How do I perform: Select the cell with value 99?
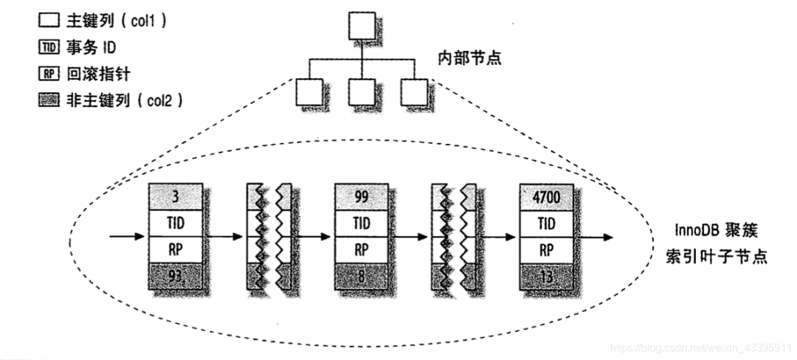coord(362,196)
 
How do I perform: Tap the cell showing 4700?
coord(547,196)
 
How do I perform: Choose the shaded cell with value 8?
coord(362,277)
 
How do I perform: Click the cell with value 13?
coord(547,277)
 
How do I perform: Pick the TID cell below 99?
coord(362,223)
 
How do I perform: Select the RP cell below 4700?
coord(547,249)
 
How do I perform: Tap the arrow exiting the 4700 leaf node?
coord(594,237)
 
